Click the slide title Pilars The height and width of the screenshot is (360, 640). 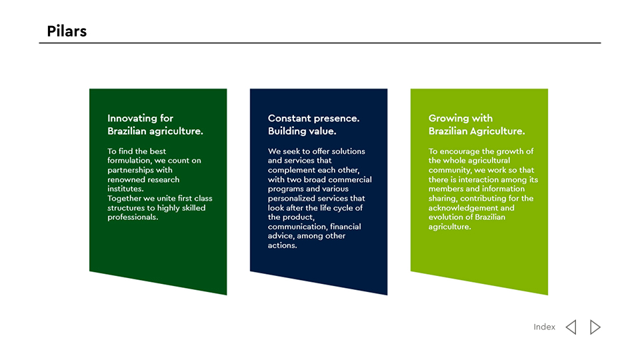coord(67,31)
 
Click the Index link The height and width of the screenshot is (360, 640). coord(544,327)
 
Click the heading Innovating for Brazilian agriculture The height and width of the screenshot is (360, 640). coord(155,125)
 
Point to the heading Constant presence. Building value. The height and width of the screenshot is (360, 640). coord(313,125)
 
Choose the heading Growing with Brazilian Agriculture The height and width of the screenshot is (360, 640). coord(476,125)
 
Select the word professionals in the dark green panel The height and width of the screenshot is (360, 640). coord(131,217)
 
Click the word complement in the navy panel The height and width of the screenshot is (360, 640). coord(290,170)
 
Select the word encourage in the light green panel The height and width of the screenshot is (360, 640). coord(459,151)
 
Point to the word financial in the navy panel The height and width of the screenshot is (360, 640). coord(345,227)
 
